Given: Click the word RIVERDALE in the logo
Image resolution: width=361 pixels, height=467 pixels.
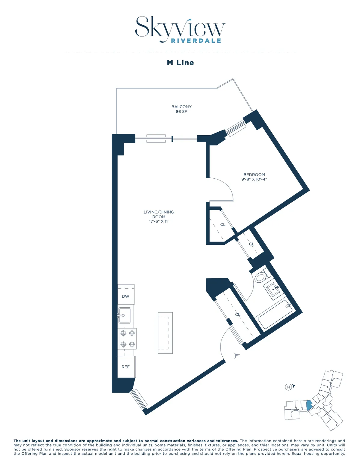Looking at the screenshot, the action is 196,41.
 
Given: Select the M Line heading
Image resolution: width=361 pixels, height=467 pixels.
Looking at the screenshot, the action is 180,63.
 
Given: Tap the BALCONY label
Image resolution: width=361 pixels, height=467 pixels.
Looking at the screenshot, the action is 181,107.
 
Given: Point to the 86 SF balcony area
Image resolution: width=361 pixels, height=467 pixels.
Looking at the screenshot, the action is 181,112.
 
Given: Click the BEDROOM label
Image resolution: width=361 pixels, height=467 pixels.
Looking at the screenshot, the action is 254,174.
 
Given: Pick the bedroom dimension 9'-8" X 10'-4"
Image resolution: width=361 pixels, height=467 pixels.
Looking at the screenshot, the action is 254,179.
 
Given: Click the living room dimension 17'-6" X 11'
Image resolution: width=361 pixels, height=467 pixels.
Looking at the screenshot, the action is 159,222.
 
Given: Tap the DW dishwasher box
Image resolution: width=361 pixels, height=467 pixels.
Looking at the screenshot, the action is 126,296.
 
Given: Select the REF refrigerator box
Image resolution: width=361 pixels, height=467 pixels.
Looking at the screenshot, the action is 126,367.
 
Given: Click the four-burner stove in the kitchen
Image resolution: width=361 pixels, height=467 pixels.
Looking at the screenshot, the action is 127,339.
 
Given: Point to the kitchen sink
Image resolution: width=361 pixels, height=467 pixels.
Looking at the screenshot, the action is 125,315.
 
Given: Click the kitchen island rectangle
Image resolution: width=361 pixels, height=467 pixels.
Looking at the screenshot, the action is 165,333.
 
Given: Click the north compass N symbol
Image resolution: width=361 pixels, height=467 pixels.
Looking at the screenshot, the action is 288,387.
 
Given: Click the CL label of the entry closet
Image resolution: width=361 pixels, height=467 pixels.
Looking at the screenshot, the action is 238,315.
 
